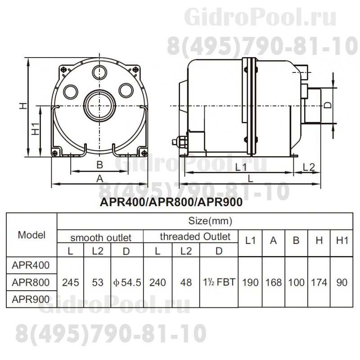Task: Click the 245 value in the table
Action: pos(71,283)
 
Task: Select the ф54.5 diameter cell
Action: pos(127,283)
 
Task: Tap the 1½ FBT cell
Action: pos(219,282)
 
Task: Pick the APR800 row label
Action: pos(31,283)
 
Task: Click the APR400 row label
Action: pos(31,265)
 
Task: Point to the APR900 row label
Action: pos(31,299)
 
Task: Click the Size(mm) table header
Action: pos(210,221)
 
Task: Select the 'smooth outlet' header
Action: pos(101,238)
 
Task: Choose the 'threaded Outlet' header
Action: pos(195,237)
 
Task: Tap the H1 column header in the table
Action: pos(342,240)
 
